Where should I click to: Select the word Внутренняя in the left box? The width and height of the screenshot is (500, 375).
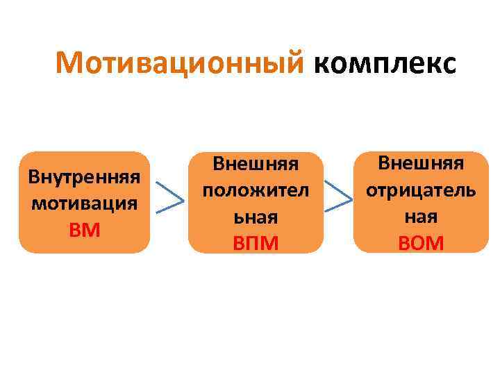[84, 176]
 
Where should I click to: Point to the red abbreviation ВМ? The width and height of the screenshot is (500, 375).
[84, 230]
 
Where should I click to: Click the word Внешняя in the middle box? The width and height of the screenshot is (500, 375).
[255, 164]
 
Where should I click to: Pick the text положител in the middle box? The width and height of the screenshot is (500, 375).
[255, 191]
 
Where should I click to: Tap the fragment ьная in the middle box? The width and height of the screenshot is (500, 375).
[255, 217]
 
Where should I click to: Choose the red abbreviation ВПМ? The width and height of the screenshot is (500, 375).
[255, 244]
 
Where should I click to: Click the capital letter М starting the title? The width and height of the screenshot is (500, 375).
[71, 63]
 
